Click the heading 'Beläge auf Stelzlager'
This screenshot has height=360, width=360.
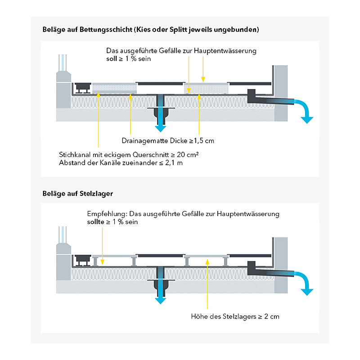click(77, 193)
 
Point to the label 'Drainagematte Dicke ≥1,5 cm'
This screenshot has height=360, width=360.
click(168, 140)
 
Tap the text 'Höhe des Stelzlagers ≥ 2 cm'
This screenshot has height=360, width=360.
click(235, 316)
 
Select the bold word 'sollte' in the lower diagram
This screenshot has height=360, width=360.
click(95, 222)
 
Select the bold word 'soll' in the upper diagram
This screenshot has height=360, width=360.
click(112, 58)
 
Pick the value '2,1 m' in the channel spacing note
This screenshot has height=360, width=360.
click(174, 163)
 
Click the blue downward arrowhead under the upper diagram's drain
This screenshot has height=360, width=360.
click(161, 129)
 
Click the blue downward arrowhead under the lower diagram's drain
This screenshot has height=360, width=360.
click(161, 301)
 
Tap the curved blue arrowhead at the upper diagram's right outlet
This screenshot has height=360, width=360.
click(307, 120)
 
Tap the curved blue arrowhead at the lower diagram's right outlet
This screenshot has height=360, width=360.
click(307, 292)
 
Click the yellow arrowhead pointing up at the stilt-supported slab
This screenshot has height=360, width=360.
click(207, 261)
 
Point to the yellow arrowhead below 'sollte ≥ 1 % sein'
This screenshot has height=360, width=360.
click(103, 262)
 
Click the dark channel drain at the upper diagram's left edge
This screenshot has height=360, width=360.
click(83, 88)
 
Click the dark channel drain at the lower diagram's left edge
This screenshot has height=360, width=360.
click(83, 260)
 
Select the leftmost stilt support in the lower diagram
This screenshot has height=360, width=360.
click(95, 261)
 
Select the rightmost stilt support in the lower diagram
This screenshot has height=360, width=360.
click(226, 261)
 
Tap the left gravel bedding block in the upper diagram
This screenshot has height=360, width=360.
click(115, 88)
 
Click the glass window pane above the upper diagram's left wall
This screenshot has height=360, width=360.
click(63, 63)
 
